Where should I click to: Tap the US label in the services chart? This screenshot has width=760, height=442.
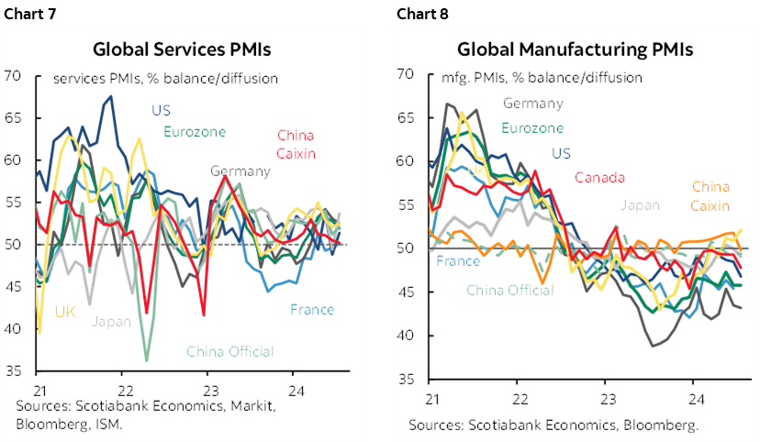coord(162,111)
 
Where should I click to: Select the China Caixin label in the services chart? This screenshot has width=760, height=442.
coord(295,143)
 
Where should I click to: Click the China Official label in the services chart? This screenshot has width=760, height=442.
coord(229,351)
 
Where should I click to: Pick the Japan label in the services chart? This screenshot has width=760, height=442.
coord(111,322)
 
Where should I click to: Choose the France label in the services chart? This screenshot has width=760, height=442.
coord(312,309)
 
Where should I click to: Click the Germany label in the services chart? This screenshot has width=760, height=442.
coord(240,171)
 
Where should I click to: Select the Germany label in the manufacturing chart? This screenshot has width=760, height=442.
coord(532,104)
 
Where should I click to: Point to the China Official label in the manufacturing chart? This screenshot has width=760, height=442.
coord(510,290)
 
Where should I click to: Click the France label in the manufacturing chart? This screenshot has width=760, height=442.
coord(458,261)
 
